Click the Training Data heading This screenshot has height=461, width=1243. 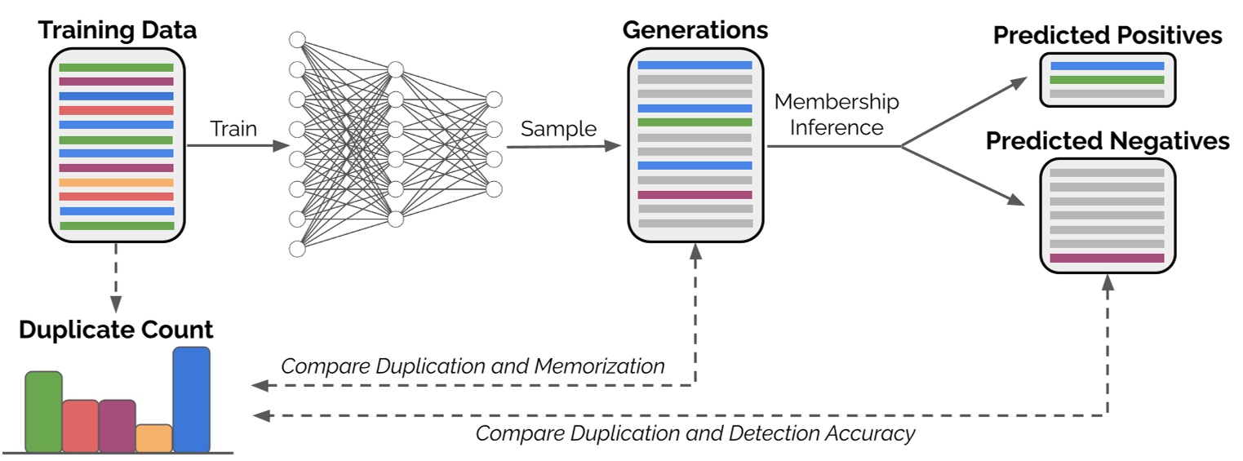tap(118, 32)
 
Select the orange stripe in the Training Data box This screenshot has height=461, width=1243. tap(117, 183)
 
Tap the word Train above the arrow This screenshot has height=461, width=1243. tap(233, 129)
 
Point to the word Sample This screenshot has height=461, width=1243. tap(559, 129)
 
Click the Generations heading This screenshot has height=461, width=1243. tap(695, 30)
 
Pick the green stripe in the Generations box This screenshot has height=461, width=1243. tap(695, 122)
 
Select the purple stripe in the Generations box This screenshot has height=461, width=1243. tap(695, 195)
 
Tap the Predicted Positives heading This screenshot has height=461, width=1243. tap(1108, 36)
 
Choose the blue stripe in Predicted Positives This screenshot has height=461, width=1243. tap(1107, 66)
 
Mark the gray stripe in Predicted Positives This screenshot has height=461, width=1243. tap(1107, 94)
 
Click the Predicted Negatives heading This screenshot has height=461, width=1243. tap(1108, 141)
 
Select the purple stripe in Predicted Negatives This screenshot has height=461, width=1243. tap(1107, 258)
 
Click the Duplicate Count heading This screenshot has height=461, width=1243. tap(116, 330)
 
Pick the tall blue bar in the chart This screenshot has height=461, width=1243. tap(191, 400)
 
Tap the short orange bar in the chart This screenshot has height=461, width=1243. tap(153, 438)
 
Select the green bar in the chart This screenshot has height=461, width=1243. tap(43, 412)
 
